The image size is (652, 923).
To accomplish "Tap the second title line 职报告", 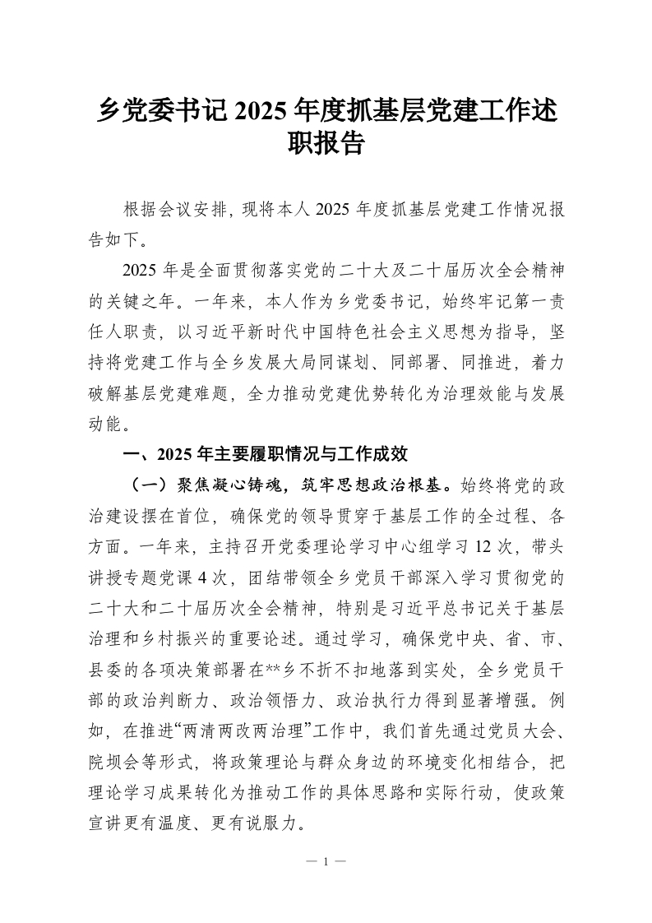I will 326,146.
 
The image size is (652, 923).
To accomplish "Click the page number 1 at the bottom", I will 326,862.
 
